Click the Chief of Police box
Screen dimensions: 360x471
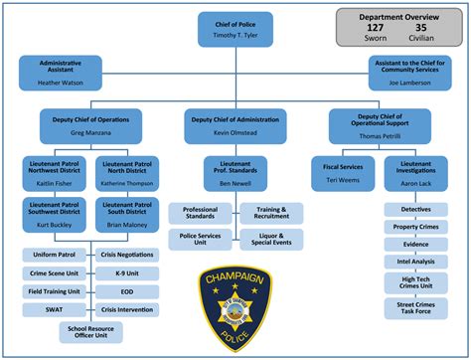tap(235, 27)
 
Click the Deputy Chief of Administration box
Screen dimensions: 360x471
tap(235, 123)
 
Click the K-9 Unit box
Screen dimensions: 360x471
tap(124, 272)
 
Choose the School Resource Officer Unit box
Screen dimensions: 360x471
tap(89, 332)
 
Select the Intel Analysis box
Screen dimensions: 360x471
tap(415, 262)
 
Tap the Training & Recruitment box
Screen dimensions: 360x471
tap(271, 214)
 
